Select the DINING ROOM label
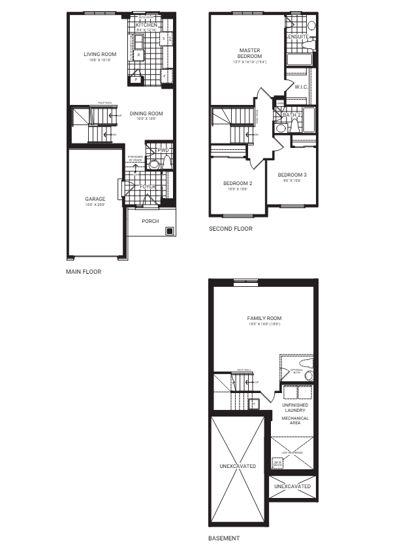click(146, 113)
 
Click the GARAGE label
click(95, 199)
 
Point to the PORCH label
click(151, 220)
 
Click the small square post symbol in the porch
click(169, 230)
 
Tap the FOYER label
click(149, 186)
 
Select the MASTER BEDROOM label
click(249, 53)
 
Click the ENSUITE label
click(298, 37)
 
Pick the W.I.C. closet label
click(301, 86)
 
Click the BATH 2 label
click(292, 114)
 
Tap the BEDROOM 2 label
click(237, 183)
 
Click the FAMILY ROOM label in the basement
click(260, 318)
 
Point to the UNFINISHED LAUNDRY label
click(295, 408)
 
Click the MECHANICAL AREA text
click(295, 420)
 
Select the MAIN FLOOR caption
click(83, 271)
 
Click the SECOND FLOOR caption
click(230, 229)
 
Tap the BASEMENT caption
click(223, 538)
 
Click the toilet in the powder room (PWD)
click(155, 164)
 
